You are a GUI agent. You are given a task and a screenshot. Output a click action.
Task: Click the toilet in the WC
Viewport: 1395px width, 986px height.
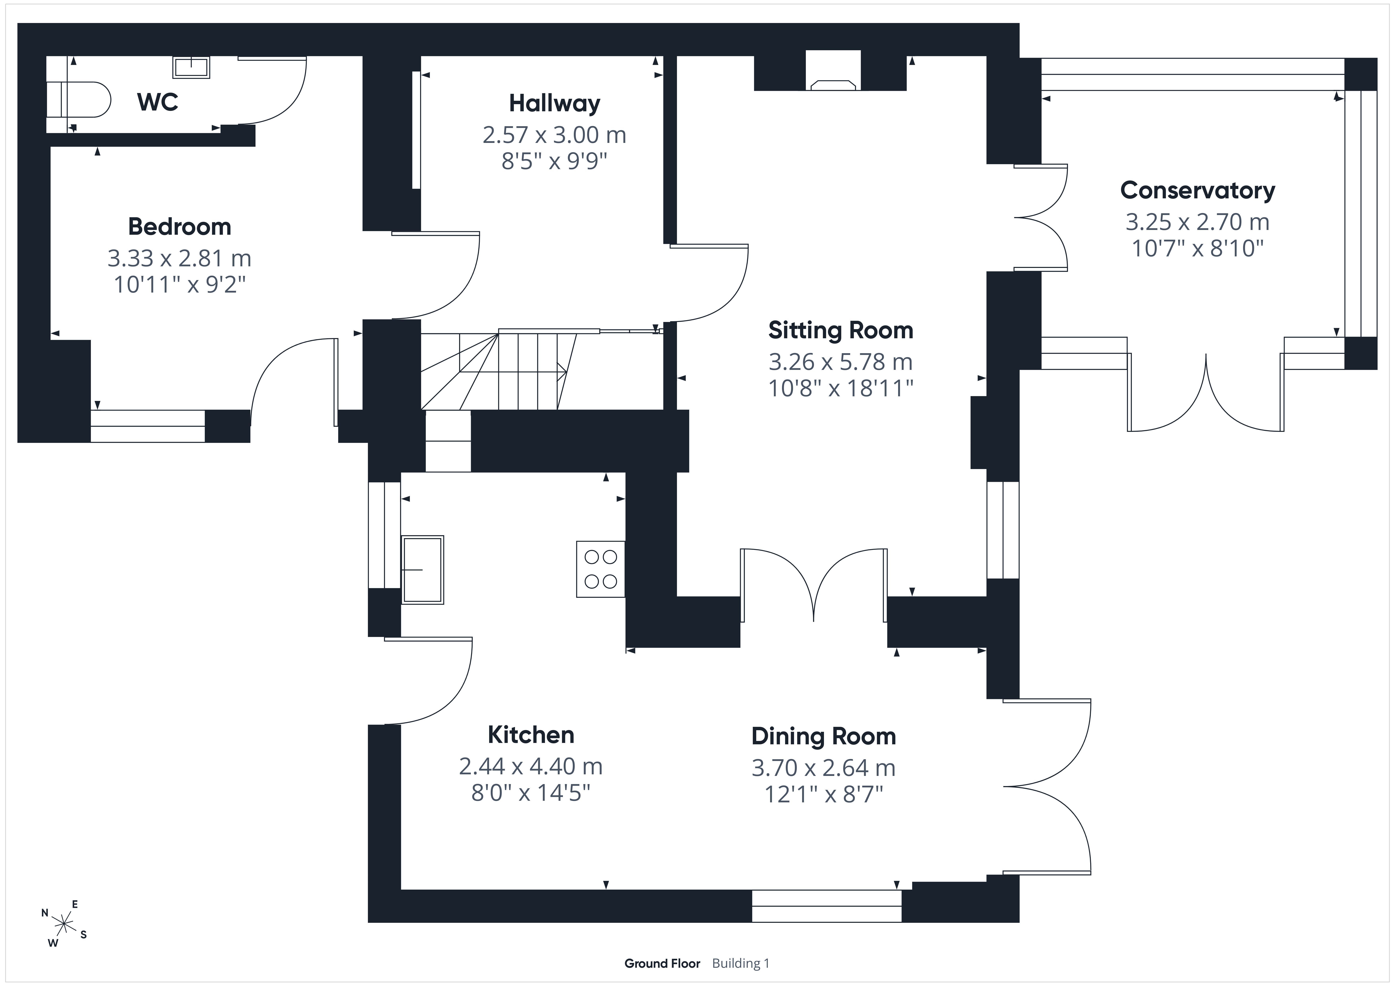(x=79, y=99)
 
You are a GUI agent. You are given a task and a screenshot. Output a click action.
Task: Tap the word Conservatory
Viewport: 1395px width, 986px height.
(x=1198, y=190)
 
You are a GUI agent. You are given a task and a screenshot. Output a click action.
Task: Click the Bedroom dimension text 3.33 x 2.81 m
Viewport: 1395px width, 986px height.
(x=179, y=258)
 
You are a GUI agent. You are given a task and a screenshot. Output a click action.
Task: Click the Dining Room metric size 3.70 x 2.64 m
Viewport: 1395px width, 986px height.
(x=823, y=768)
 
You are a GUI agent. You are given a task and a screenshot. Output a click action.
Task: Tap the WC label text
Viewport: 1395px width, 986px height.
(x=158, y=102)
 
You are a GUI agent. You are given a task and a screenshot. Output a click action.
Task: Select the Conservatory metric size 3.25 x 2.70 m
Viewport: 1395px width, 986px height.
(x=1198, y=222)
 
